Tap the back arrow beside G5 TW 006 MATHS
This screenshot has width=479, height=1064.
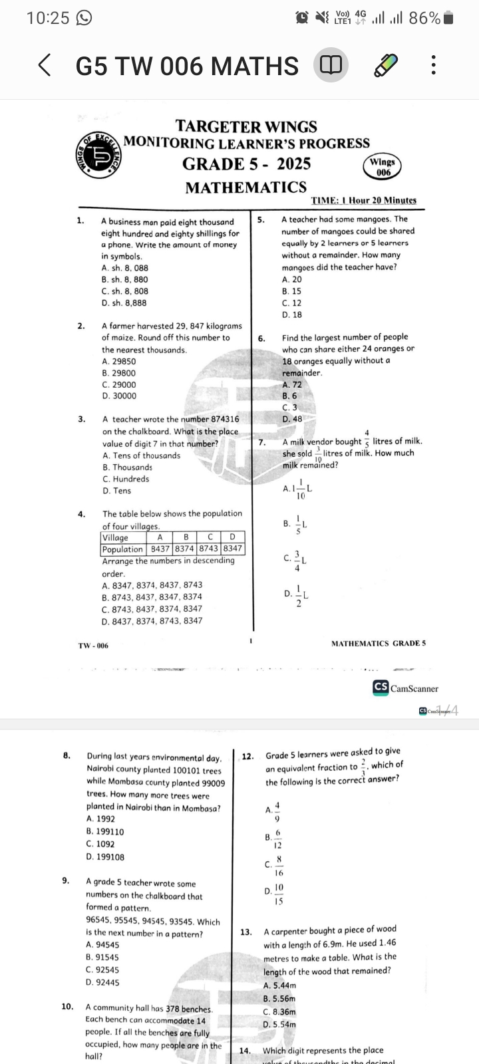tap(45, 65)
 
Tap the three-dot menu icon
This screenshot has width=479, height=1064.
tap(433, 65)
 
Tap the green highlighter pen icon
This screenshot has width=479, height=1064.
tap(386, 65)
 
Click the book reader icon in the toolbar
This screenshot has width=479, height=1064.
tap(331, 65)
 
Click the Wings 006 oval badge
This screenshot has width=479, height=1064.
tap(383, 166)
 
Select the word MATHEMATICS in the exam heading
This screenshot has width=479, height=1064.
tap(245, 188)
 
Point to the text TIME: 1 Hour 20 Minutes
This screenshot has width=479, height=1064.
tap(363, 200)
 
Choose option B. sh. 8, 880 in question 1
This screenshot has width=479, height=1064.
tap(125, 280)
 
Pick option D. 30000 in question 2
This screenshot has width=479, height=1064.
tap(120, 396)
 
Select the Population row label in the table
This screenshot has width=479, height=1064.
tap(122, 549)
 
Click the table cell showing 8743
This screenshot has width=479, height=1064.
tap(209, 549)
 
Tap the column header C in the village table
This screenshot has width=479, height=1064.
tap(209, 537)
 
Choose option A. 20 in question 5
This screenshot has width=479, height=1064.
tap(292, 280)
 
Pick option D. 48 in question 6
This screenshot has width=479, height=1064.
tap(292, 420)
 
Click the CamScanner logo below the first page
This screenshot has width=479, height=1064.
tap(406, 688)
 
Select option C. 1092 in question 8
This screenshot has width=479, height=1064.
tap(100, 844)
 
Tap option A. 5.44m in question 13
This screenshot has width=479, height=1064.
tap(280, 986)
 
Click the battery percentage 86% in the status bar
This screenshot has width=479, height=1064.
tap(424, 19)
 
